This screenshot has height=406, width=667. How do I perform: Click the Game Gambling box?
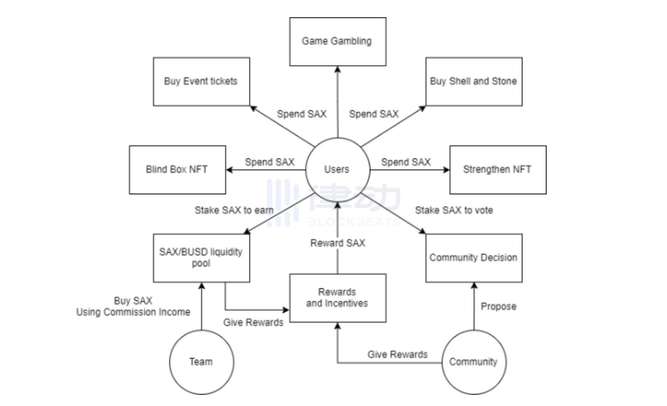tap(337, 42)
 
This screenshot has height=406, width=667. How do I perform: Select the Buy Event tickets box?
tap(201, 81)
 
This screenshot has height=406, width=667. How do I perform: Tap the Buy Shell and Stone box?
tap(474, 81)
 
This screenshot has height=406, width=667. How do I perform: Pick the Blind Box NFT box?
tap(177, 169)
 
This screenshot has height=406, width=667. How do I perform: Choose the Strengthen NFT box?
tap(498, 169)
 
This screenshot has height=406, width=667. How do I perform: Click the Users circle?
tap(337, 169)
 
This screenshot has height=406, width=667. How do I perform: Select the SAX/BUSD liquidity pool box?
tap(201, 258)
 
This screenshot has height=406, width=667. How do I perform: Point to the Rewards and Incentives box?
tap(337, 298)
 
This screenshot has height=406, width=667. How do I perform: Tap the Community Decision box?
tap(474, 258)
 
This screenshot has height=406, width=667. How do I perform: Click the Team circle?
tap(201, 362)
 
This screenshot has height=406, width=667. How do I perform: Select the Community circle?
tap(474, 362)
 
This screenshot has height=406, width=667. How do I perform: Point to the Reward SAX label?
tap(338, 243)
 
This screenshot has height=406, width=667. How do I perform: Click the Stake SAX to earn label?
tap(234, 210)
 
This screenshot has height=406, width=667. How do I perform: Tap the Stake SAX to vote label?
tap(454, 210)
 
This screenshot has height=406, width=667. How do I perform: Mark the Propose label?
tap(499, 307)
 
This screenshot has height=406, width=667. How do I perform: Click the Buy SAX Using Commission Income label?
tap(133, 306)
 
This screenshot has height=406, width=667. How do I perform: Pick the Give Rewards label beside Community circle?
tap(398, 354)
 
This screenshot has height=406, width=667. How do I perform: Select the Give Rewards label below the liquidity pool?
tap(253, 323)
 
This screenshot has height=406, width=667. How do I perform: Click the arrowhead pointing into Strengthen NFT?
tap(447, 170)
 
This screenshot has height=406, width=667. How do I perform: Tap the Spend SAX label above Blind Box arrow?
tap(269, 162)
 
